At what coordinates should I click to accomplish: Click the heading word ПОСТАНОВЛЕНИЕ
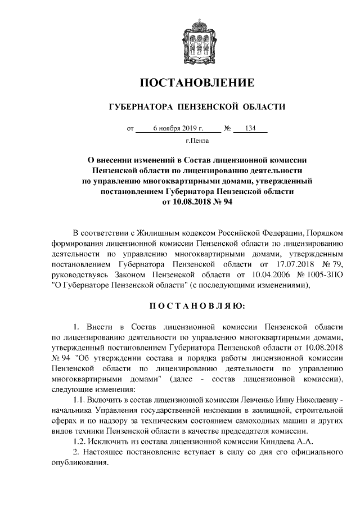[197, 84]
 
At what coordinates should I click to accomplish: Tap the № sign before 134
[227, 129]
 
